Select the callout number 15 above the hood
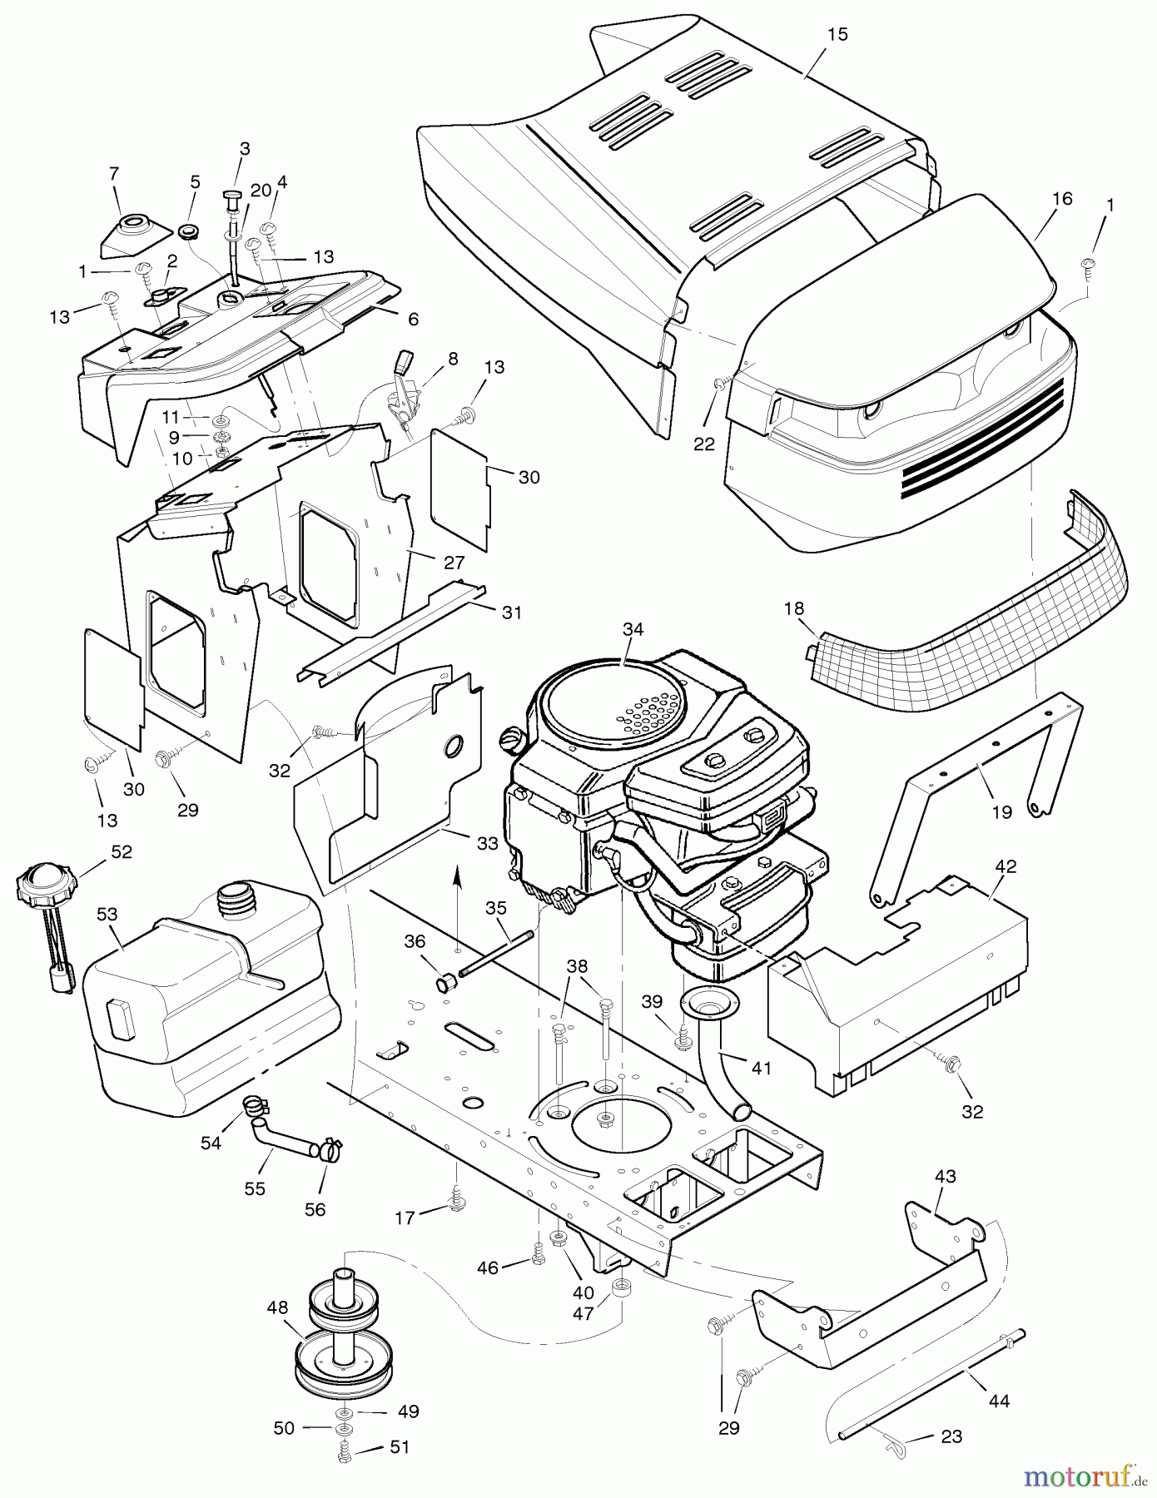click(837, 34)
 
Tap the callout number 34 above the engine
click(633, 630)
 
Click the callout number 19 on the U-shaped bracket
click(1001, 811)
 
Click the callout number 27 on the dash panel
click(454, 563)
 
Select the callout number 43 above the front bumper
click(945, 1177)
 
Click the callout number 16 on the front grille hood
click(1062, 199)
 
